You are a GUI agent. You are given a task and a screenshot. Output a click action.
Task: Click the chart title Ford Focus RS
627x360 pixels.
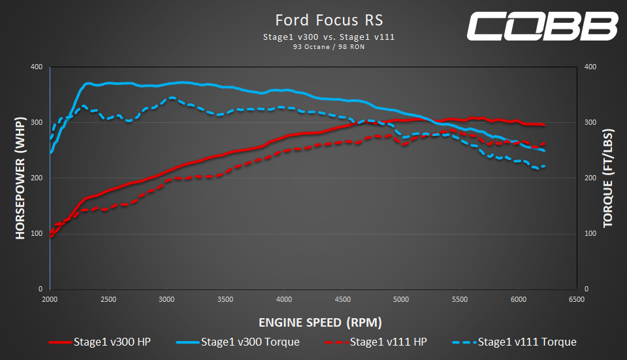coord(329,20)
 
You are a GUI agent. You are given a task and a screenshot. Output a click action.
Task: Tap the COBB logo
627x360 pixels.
coord(543,26)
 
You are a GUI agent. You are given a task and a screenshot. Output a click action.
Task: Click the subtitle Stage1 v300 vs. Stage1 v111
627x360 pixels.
coord(329,37)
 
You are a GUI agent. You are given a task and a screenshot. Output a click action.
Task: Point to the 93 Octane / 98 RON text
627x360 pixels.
coord(329,47)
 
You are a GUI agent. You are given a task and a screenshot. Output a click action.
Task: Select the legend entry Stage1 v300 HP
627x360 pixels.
coord(99,342)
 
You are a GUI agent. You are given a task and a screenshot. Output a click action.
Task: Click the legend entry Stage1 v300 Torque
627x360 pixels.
coord(238,342)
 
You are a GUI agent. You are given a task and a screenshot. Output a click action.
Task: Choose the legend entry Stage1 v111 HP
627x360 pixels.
coord(376,342)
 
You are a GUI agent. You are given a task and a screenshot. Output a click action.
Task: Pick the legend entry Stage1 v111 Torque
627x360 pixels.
coord(514,342)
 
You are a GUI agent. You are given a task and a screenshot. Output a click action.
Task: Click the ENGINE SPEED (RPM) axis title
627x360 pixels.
coord(320,322)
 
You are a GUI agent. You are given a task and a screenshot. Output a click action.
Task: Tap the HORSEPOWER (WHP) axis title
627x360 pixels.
coord(20,178)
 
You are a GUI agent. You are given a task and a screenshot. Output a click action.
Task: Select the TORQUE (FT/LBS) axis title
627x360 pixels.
coord(608,178)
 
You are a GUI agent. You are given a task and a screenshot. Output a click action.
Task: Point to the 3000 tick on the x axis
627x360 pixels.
coord(167,300)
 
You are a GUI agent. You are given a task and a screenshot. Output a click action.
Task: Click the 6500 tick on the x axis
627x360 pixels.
coord(577,300)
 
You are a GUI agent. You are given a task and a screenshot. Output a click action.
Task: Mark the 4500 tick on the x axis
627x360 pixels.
coord(343,300)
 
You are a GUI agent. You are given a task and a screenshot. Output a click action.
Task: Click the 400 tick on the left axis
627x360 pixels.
coord(37,67)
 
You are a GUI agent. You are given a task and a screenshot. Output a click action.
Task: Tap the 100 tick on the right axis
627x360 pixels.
coord(590,234)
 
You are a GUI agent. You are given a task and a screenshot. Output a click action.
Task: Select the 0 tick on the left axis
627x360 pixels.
coord(40,289)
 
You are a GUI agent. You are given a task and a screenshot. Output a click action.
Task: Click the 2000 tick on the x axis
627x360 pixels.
coord(50,300)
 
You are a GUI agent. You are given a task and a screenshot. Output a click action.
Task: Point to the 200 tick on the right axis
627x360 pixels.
coord(590,178)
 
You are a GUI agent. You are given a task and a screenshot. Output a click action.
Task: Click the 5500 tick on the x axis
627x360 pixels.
coord(460,300)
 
